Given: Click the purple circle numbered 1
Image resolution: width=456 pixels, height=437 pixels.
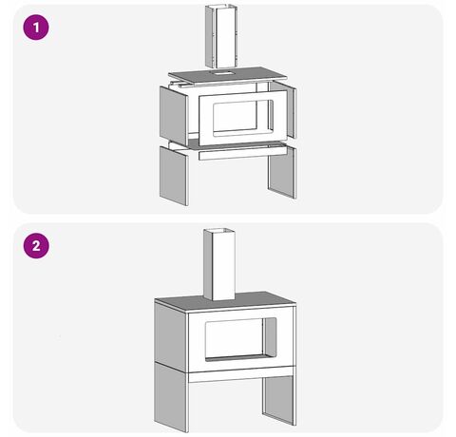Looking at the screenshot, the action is [36, 28].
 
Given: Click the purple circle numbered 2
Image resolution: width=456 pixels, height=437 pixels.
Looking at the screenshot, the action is [36, 246].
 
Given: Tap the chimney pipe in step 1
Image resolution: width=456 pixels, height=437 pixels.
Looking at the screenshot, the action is [221, 36].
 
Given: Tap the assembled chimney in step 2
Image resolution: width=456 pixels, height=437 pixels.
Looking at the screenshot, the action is [219, 264].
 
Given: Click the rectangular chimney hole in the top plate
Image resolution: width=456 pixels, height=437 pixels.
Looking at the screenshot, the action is [222, 73].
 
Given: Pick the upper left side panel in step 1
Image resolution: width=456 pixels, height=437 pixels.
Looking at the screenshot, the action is [174, 116].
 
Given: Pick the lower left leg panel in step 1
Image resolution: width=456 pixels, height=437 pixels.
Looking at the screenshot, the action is [174, 176].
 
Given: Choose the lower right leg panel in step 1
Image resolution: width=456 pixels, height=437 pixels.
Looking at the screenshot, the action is [282, 173].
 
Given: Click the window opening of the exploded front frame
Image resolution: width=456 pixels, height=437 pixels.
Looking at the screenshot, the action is [243, 118].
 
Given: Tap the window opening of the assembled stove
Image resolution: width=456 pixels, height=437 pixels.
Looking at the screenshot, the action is [240, 340].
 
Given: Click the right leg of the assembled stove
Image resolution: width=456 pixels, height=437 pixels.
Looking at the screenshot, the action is [279, 400].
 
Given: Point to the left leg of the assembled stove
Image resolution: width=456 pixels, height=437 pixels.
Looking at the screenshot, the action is [171, 397].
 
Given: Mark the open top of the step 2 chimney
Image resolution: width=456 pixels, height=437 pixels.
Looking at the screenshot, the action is [219, 230].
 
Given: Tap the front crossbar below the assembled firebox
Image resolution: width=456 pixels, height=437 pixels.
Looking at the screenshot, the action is [242, 374].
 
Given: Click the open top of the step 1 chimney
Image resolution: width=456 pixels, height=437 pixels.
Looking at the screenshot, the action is [222, 7].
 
